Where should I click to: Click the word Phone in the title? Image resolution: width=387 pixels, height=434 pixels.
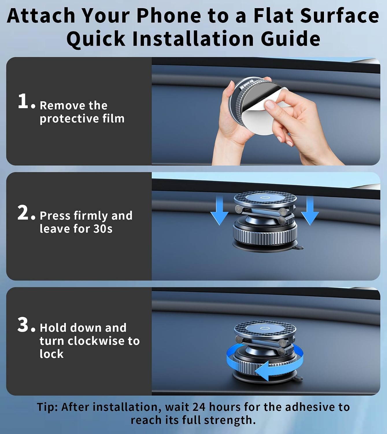[169, 16]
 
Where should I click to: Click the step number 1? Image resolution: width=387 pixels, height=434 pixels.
[23, 101]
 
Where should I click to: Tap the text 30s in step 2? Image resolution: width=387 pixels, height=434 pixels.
[103, 229]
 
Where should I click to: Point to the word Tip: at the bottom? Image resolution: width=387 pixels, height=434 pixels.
[47, 407]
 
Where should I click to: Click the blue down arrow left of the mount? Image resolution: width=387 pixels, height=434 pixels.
[219, 211]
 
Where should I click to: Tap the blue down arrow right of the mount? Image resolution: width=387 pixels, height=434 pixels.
[310, 211]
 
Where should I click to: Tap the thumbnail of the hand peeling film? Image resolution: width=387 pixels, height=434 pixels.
[270, 104]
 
